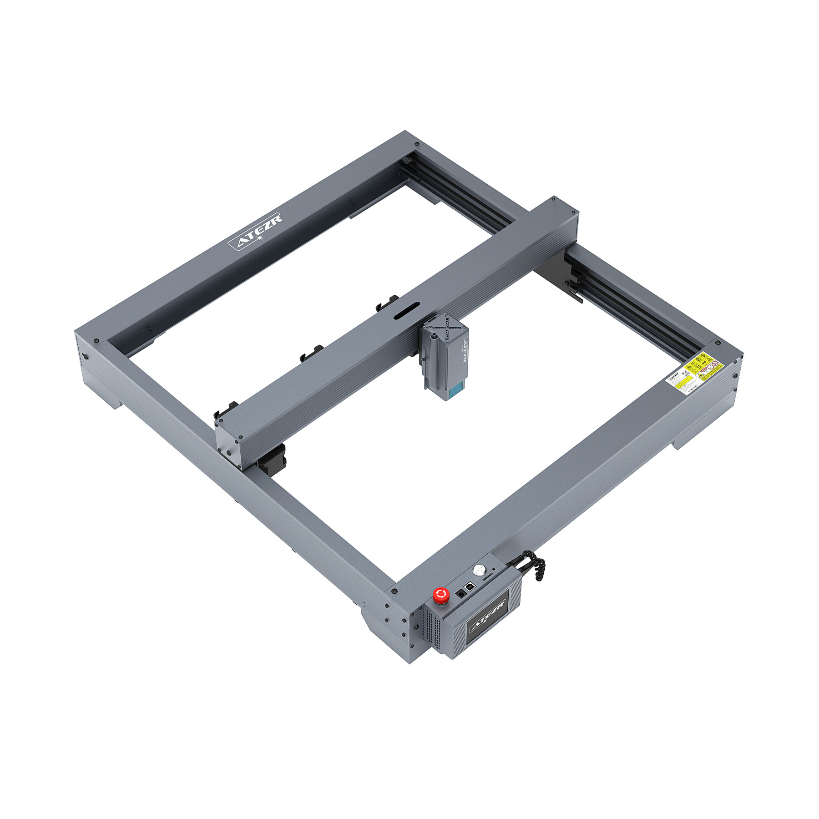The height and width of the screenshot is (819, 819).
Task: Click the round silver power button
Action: tap(478, 569)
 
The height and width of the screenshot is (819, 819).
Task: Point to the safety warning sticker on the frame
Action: tap(692, 374)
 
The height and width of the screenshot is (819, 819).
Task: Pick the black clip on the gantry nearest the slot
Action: tap(387, 303)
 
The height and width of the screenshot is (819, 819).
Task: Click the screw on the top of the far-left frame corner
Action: tap(96, 340)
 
